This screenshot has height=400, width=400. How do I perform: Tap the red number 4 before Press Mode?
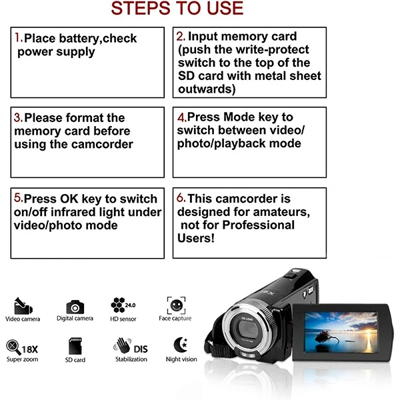point(181,117)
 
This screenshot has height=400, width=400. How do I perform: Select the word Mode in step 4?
point(238,117)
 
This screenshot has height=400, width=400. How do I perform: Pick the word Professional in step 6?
point(259,225)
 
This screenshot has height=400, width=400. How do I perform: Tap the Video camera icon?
point(23,306)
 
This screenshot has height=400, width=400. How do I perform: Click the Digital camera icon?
point(75,307)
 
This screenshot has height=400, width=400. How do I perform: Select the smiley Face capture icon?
point(176,305)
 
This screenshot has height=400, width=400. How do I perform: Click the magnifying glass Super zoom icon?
point(13,347)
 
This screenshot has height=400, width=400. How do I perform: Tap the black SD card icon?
point(75,346)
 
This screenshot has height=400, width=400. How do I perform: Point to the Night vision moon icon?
point(181,345)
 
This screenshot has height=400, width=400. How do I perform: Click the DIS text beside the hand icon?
point(141,349)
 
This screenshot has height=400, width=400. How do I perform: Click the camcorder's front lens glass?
point(248,329)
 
